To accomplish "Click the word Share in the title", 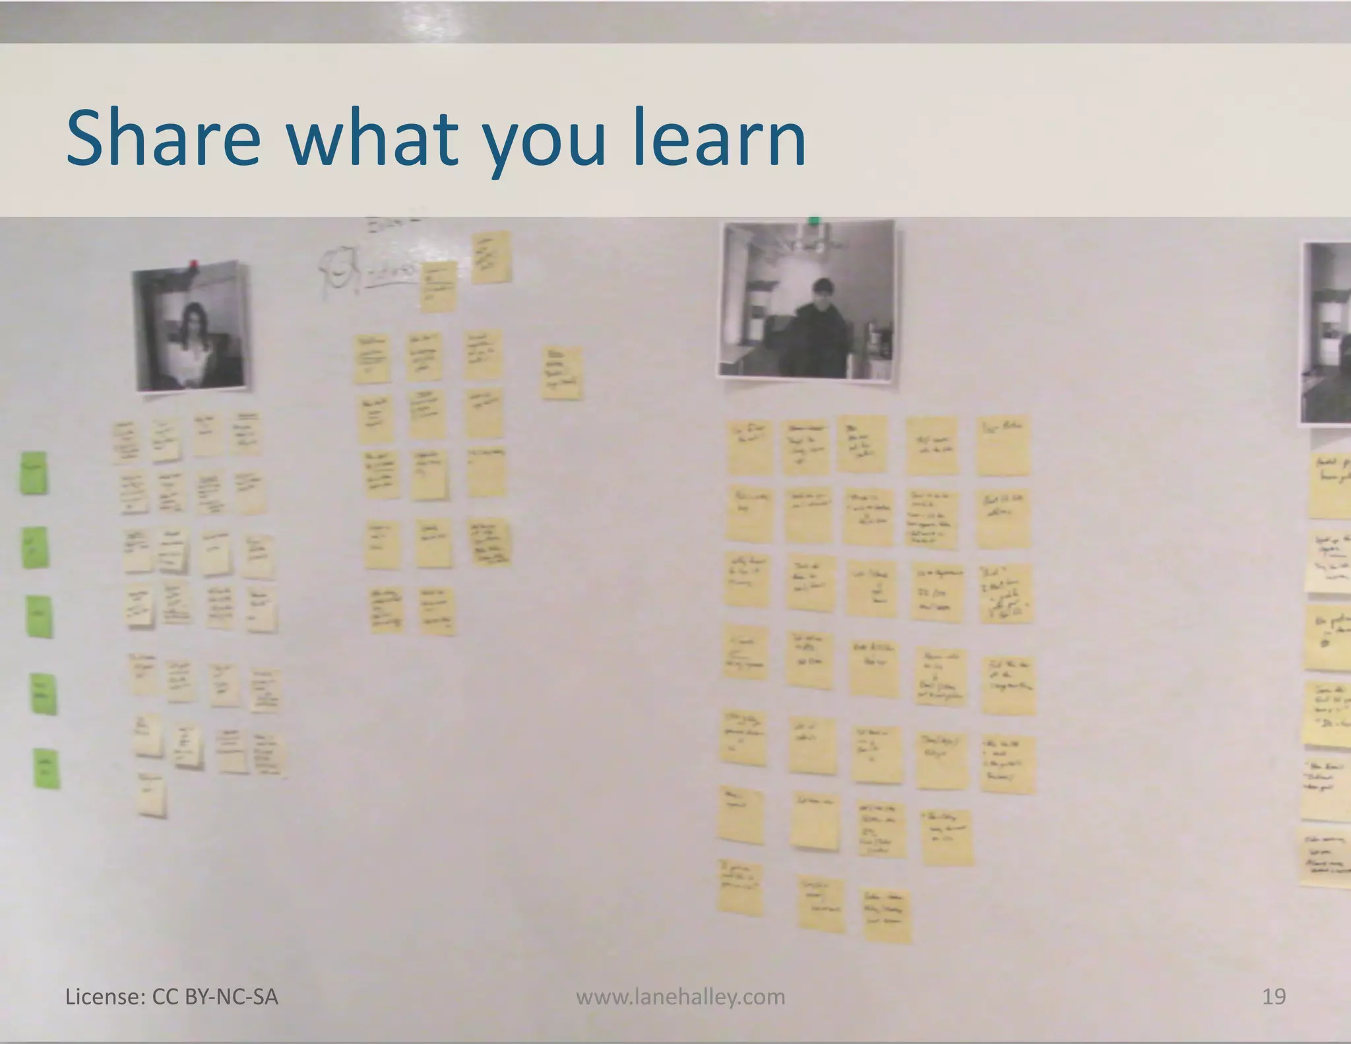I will tap(163, 139).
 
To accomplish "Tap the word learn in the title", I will tap(719, 139).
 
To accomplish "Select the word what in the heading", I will tap(372, 139).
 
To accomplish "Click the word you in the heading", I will tap(544, 142).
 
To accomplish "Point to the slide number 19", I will tap(1273, 996).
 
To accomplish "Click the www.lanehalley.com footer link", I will tap(680, 996).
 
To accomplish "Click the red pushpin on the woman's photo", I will tap(194, 265).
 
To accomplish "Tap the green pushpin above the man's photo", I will tap(814, 221).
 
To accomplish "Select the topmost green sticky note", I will tap(34, 472).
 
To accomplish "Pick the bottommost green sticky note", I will tap(47, 768).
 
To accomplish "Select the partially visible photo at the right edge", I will tap(1326, 333).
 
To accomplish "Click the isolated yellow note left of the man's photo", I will tap(562, 373).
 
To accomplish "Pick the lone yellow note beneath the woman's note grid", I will tap(152, 795).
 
